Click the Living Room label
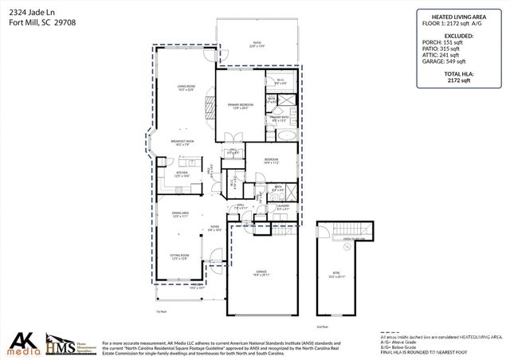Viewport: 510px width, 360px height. coord(184,88)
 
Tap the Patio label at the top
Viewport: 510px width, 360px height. coord(257,45)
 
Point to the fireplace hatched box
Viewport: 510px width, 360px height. coord(210,108)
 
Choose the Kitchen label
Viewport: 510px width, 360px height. coord(182,174)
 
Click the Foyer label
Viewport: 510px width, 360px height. coord(214,229)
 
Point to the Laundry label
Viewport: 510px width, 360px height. coord(282,207)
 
